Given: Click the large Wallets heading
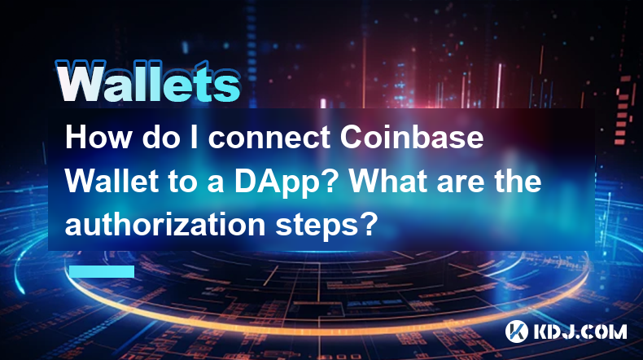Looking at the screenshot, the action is pos(147,81).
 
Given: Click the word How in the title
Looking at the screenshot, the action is pos(97,137).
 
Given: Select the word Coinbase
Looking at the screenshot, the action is pos(412,137).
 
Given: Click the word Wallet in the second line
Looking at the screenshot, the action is pos(112,181).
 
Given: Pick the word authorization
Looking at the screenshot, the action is pos(166,225).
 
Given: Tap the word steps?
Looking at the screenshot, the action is pos(326,226).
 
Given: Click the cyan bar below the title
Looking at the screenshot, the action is pos(102,271).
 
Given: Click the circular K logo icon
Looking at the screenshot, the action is pos(516,331).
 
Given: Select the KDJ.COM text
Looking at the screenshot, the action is pos(580,331).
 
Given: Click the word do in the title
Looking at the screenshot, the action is pos(161,138).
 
